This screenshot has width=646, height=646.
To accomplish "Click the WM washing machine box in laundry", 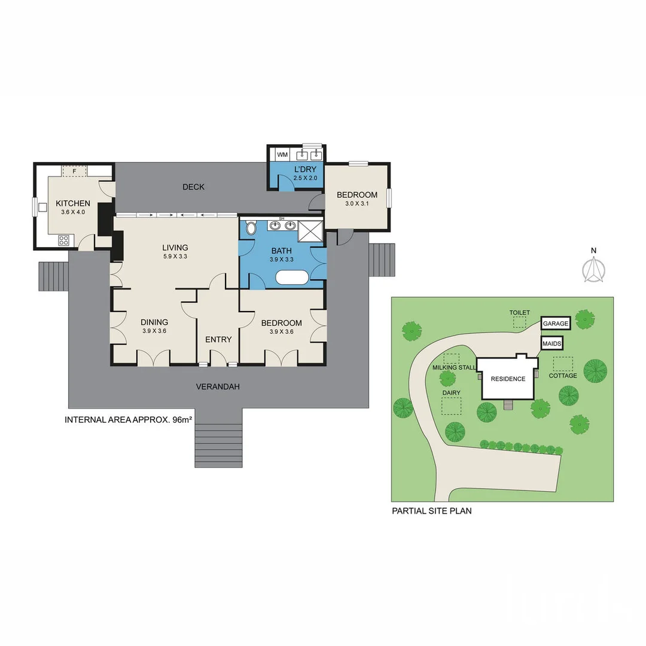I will (282, 155).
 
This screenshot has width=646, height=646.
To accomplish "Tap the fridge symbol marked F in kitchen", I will (74, 171).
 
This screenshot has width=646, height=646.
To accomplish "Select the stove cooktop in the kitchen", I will (63, 240).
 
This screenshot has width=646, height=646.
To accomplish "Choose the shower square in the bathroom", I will (310, 231).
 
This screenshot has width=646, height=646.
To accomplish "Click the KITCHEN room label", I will (73, 203).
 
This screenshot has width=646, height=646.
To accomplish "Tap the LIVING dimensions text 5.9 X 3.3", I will (175, 257).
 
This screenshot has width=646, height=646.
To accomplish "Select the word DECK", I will (193, 187).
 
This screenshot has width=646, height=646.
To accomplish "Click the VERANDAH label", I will (218, 387).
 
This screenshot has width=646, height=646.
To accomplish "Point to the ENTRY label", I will (218, 340).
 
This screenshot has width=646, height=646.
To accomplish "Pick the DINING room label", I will (154, 322).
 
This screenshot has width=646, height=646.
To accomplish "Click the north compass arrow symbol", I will (593, 270).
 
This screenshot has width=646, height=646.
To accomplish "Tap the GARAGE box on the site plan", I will (556, 324).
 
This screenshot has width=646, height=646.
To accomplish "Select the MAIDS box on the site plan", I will (551, 345).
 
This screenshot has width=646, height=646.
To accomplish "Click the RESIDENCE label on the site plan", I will (508, 379).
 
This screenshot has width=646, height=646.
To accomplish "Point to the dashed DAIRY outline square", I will (452, 406).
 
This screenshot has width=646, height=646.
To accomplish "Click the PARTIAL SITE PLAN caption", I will (431, 511).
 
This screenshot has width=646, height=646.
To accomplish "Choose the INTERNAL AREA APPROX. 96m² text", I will (128, 420).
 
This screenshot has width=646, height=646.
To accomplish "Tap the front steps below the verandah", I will (219, 445).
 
